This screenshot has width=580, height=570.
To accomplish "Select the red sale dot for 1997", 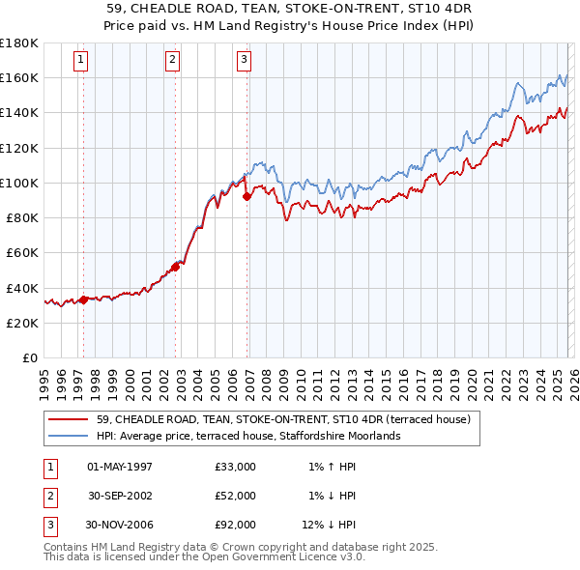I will click(83, 299).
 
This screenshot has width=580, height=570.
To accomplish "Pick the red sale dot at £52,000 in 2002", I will click(176, 267).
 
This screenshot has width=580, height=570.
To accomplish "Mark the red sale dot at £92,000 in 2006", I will click(246, 196).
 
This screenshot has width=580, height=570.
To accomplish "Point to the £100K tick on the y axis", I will click(19, 183).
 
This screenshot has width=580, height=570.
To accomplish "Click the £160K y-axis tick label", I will click(19, 77).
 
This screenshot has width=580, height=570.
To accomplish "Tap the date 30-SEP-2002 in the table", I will click(119, 496).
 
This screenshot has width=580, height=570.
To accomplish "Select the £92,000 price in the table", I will click(236, 525).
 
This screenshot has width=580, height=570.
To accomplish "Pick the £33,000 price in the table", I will click(236, 467).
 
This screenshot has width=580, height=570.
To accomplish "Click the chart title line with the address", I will click(290, 10).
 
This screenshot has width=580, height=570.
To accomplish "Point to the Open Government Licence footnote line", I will click(204, 557).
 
